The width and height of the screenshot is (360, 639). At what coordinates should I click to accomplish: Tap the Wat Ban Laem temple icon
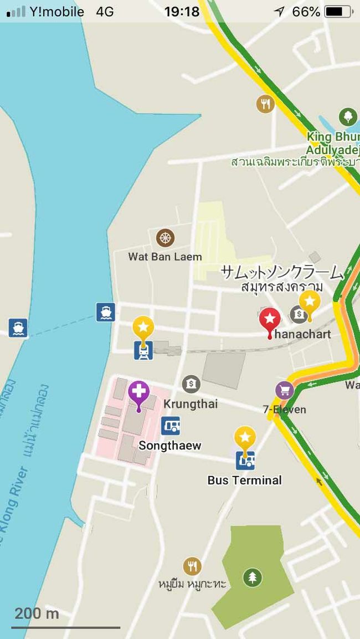click(x=165, y=238)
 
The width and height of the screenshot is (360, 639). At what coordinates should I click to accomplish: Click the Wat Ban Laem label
click(x=165, y=257)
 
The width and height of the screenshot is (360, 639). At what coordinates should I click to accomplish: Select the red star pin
click(x=270, y=320)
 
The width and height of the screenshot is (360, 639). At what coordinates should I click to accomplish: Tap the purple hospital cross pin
click(x=138, y=392)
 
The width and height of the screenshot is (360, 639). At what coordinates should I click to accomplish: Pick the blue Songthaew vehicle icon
click(x=171, y=426)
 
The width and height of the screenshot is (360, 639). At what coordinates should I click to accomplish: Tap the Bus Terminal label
click(x=244, y=480)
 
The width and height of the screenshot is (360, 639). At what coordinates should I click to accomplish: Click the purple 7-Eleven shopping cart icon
click(x=285, y=390)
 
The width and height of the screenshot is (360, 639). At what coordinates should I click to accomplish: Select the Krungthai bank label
click(x=191, y=404)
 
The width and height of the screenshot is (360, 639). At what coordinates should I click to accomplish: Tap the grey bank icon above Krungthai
click(x=191, y=384)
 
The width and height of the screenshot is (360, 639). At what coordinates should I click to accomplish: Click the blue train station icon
click(x=143, y=350)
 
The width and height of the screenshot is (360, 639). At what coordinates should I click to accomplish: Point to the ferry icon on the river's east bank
click(x=105, y=312)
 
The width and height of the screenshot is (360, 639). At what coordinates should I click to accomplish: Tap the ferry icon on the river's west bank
click(x=18, y=328)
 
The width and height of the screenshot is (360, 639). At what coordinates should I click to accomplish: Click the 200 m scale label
click(x=37, y=614)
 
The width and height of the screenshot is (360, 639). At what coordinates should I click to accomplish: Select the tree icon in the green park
click(x=252, y=578)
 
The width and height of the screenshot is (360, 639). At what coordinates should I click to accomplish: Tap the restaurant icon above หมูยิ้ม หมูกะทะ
click(x=192, y=566)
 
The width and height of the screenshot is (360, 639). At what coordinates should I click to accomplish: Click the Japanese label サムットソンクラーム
click(x=282, y=273)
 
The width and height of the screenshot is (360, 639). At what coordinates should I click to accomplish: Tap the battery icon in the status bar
click(x=337, y=12)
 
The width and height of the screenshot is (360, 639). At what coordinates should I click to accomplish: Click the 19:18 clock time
click(x=181, y=12)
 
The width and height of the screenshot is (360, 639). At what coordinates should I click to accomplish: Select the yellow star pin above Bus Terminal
click(x=245, y=438)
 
